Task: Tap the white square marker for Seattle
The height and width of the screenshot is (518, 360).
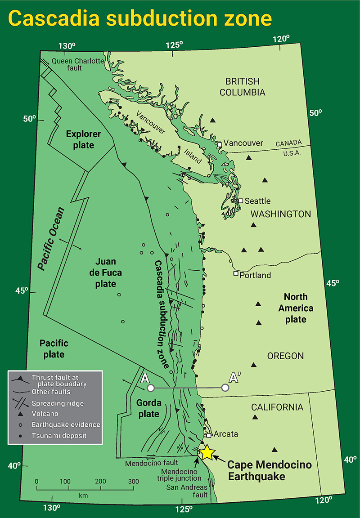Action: click(x=241, y=201)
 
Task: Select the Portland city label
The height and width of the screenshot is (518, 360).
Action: click(x=255, y=275)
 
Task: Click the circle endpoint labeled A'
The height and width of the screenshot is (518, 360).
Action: click(x=225, y=388)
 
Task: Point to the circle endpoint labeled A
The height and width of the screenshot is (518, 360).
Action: click(x=151, y=388)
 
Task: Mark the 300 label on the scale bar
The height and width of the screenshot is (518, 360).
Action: click(x=133, y=481)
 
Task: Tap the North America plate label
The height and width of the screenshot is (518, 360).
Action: click(x=296, y=308)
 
